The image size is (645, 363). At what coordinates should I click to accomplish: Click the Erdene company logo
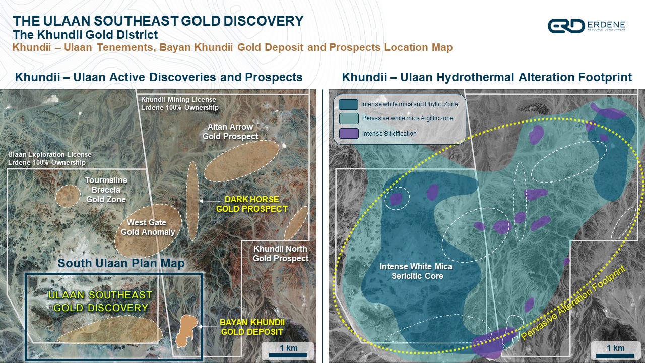[x=586, y=26]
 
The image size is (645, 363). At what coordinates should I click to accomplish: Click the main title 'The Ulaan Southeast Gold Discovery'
[x=158, y=21]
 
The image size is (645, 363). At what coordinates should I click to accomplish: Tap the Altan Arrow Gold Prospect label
[x=230, y=132]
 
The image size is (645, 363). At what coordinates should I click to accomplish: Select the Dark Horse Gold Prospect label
[x=251, y=204]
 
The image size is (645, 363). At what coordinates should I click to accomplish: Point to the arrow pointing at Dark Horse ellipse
[x=209, y=201]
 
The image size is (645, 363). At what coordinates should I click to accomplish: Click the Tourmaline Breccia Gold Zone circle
[x=68, y=196]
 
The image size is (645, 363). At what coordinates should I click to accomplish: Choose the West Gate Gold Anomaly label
[x=148, y=227]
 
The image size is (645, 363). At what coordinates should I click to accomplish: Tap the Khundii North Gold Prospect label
[x=281, y=253]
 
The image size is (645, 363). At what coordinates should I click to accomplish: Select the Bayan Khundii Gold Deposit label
[x=252, y=327]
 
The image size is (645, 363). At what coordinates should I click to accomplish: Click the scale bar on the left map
[x=288, y=355]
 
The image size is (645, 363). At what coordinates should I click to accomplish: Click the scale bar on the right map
[x=615, y=355]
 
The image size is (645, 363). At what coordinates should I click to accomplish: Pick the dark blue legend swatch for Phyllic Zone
[x=348, y=104]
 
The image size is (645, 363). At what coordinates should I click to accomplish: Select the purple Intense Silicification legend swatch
[x=349, y=134]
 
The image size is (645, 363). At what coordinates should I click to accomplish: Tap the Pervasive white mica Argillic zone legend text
[x=408, y=118]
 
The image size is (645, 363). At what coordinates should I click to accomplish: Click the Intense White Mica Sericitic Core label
[x=416, y=271]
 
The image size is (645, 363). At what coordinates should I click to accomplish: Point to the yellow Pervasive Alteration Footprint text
[x=573, y=302]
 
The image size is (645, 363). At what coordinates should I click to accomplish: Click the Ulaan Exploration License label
[x=49, y=158]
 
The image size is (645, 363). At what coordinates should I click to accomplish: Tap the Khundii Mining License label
[x=179, y=103]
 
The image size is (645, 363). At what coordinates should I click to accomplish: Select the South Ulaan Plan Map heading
[x=121, y=263]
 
